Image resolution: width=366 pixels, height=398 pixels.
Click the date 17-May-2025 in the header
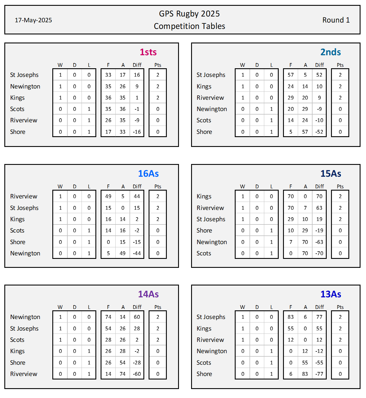coord(33,20)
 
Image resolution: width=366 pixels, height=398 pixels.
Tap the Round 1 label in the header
coord(336,20)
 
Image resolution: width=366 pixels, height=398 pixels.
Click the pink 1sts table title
coord(148,52)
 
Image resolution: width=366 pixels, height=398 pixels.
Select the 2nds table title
coord(330,52)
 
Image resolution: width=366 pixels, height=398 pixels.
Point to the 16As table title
coord(148,174)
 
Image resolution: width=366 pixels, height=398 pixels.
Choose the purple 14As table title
coord(148,294)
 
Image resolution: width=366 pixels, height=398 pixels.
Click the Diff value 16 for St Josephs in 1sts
coord(137,75)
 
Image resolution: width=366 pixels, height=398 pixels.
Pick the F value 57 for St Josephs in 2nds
coord(291,75)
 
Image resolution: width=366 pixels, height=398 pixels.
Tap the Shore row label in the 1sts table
coord(18,132)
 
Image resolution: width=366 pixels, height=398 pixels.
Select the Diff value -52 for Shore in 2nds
coord(319,132)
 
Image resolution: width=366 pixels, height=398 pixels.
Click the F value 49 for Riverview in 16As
coord(108,196)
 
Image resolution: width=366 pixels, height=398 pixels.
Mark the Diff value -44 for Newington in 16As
coord(137,253)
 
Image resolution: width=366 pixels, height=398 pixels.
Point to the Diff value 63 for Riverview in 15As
coord(319,208)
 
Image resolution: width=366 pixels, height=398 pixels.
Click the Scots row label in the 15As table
coord(204,253)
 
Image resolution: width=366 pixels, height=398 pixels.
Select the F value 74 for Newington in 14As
coord(108,317)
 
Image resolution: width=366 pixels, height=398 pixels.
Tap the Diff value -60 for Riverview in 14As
coord(137,374)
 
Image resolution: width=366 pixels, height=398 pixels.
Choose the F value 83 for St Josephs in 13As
coord(291,317)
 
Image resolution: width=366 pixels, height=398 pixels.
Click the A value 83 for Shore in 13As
coord(305,374)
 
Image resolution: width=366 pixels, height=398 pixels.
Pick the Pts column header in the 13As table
coord(340,307)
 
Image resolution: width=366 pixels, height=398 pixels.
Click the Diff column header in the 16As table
coord(137,187)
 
